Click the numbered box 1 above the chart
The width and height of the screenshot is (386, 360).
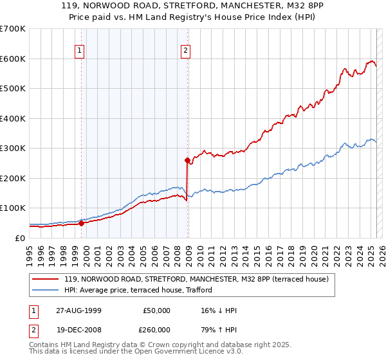[x=79, y=51]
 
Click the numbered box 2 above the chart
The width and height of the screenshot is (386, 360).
[x=185, y=51]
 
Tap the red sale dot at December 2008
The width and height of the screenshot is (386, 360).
[x=187, y=160]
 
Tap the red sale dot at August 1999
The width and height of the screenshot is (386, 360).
[x=82, y=223]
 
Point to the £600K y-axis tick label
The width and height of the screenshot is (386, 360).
[x=13, y=59]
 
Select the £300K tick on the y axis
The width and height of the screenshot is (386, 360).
[x=13, y=148]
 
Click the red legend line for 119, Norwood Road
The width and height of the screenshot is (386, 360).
[x=46, y=279]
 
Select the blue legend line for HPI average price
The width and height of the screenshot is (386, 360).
[x=46, y=290]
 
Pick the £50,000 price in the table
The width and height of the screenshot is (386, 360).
[x=156, y=310]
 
